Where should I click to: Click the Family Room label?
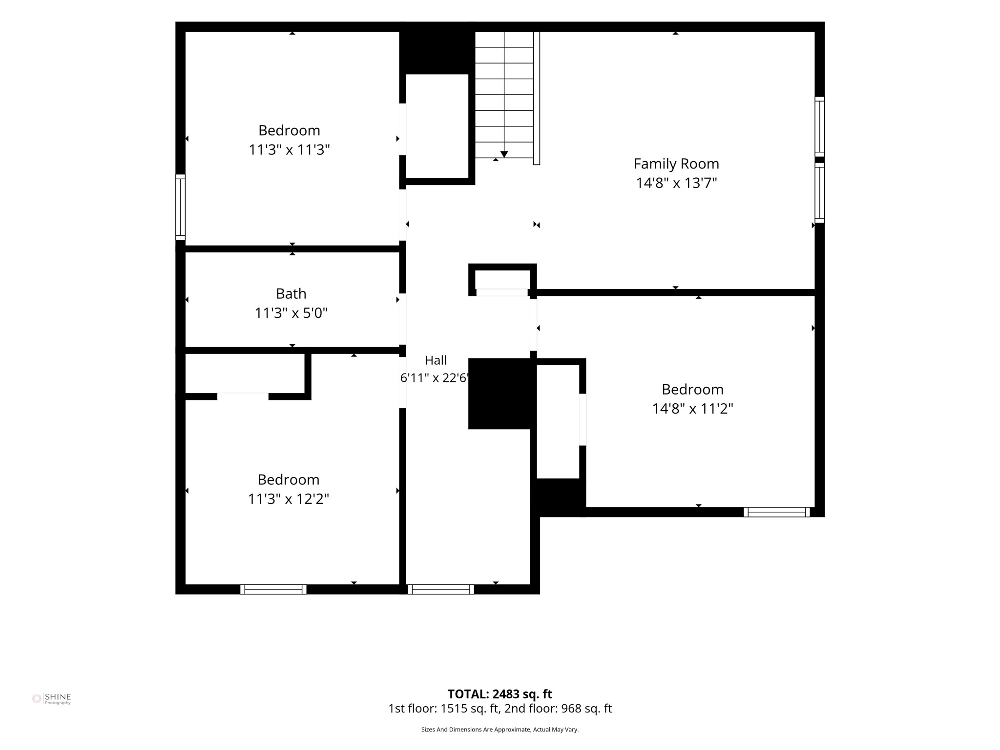(x=676, y=164)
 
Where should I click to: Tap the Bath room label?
(x=291, y=293)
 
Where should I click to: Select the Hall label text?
(x=436, y=360)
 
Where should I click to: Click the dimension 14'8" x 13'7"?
(x=676, y=183)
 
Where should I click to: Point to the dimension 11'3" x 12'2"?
(x=289, y=499)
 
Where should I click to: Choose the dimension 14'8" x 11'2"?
(x=692, y=409)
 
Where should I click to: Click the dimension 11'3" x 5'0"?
(x=291, y=313)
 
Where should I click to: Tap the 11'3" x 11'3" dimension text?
(x=289, y=150)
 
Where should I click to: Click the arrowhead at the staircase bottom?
(x=504, y=154)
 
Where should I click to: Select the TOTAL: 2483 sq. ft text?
(x=500, y=694)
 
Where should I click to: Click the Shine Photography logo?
(x=51, y=699)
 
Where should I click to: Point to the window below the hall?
(x=441, y=589)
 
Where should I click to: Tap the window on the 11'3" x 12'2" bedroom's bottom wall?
(x=273, y=589)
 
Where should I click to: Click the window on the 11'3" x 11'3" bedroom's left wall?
(x=181, y=207)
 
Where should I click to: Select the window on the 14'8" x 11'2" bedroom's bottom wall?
(x=777, y=512)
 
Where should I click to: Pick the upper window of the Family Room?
(x=820, y=126)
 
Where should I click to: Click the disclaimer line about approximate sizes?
(x=500, y=729)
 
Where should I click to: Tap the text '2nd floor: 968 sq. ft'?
(x=558, y=708)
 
